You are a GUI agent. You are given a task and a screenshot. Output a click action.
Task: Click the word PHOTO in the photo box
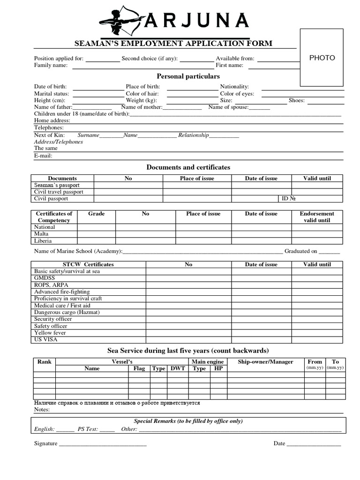322,58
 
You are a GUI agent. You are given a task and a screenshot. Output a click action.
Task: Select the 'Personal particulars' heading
188,76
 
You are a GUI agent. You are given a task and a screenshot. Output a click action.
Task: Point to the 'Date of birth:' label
50,87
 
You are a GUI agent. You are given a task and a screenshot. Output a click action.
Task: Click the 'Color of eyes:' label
237,94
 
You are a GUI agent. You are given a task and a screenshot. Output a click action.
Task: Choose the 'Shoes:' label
297,100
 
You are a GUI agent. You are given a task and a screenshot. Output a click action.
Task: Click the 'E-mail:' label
43,156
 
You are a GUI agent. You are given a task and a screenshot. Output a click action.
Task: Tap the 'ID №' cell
288,199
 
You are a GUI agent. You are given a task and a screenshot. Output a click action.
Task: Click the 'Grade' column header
96,214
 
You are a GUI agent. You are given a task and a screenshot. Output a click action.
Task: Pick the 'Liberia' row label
43,241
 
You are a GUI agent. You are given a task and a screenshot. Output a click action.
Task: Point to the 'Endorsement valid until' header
317,217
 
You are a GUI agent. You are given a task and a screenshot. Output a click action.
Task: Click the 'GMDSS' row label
45,278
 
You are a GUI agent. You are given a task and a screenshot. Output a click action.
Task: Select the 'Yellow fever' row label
50,333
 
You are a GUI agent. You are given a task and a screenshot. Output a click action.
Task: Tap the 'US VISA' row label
45,339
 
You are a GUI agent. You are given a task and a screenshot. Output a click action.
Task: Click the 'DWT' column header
178,368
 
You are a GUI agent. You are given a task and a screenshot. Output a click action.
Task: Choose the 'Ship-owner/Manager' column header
265,362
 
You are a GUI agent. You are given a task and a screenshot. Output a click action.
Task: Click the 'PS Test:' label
88,429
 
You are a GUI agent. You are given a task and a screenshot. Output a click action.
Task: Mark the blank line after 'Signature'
103,443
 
